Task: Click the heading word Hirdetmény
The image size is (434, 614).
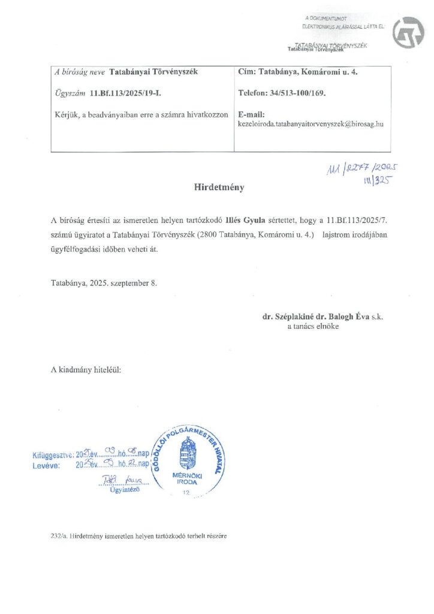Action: coord(219,187)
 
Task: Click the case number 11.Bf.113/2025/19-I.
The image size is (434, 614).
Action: coord(125,94)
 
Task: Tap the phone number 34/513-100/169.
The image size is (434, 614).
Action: coord(295,94)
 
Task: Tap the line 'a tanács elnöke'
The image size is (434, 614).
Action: coord(314,326)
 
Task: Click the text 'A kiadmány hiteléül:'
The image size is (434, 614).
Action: coord(86,371)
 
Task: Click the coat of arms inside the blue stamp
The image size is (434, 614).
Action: coord(188,454)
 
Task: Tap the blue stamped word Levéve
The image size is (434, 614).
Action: coord(46,465)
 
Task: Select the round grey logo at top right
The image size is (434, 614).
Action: coord(408,32)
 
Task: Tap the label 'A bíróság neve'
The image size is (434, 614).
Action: coord(79,72)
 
